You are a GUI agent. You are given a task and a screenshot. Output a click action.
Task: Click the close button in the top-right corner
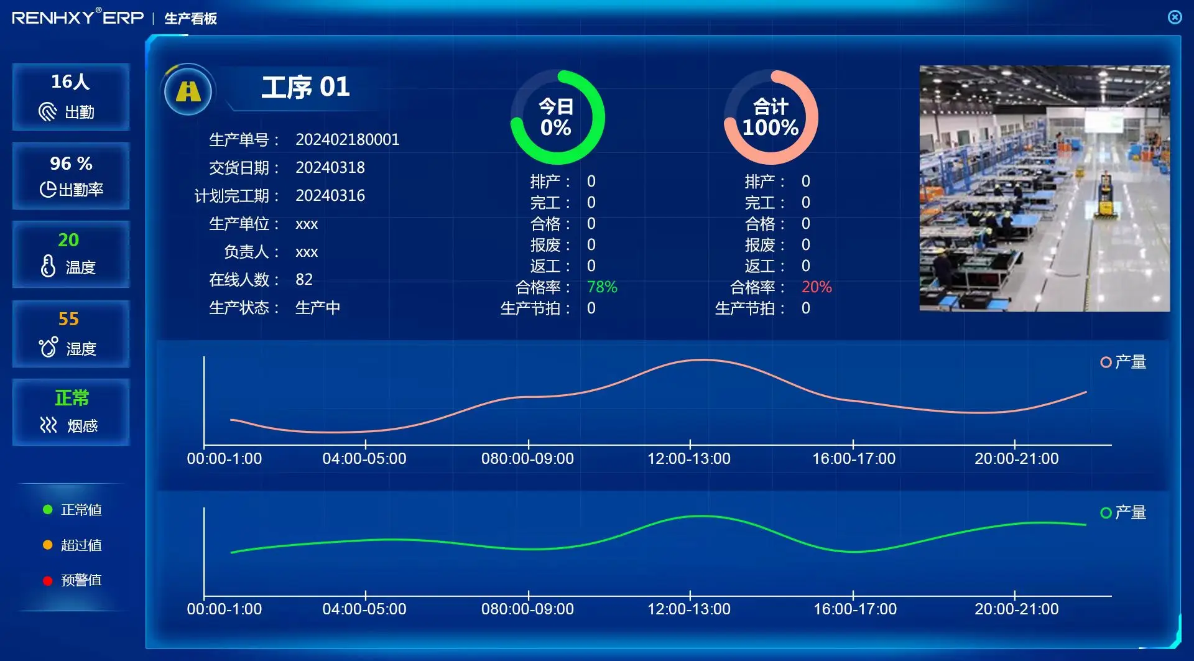(1175, 17)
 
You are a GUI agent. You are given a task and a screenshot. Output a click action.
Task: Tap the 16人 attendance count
(70, 81)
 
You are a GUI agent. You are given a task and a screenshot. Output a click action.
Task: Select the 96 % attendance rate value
(71, 164)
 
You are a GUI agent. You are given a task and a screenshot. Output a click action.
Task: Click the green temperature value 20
(68, 240)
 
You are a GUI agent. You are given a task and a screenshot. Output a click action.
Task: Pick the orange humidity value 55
(68, 319)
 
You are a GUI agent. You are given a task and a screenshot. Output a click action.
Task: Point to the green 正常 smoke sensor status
(72, 398)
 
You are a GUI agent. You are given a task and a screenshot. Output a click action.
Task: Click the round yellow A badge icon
(188, 91)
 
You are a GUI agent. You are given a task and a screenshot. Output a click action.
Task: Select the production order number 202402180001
(347, 139)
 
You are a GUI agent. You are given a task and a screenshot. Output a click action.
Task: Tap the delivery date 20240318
(330, 167)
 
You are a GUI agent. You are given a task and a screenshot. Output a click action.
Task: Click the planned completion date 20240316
(330, 195)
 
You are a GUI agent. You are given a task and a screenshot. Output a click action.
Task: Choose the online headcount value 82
(303, 279)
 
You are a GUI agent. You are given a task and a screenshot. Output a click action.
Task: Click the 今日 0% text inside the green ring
(555, 117)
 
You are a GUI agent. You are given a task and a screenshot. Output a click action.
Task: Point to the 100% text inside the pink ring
(770, 127)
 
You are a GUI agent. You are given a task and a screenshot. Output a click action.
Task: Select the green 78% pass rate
(601, 287)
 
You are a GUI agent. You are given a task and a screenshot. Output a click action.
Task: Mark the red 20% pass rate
(816, 287)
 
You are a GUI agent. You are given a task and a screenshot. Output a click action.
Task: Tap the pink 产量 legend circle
(1106, 362)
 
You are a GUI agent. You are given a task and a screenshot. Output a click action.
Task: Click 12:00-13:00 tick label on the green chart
(688, 609)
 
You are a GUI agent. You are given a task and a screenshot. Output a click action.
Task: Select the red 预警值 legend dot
(47, 581)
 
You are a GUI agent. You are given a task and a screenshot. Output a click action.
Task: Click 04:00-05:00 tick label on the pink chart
(364, 458)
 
